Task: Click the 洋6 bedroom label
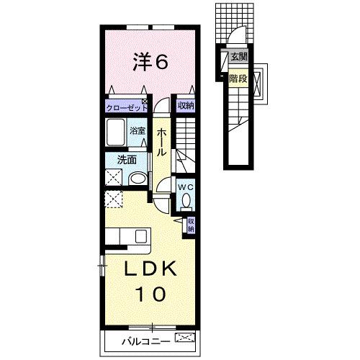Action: click(x=149, y=63)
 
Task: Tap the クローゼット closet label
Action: click(x=126, y=106)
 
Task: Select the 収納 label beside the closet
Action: click(x=185, y=106)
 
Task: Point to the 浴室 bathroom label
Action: click(x=138, y=132)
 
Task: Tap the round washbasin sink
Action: click(x=138, y=179)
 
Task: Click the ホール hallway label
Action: click(x=163, y=141)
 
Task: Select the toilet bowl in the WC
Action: click(x=186, y=201)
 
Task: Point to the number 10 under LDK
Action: click(x=150, y=294)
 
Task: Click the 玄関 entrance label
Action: click(x=238, y=56)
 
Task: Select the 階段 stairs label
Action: click(x=238, y=79)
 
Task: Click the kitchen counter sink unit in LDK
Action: click(x=127, y=236)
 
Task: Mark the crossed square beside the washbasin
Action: click(x=114, y=179)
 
